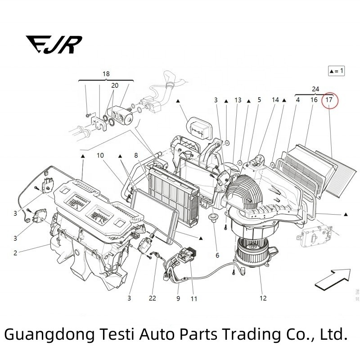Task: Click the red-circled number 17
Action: [329, 99]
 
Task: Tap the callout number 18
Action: [106, 74]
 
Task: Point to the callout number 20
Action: [115, 85]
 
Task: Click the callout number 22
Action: [153, 298]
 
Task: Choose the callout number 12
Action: [263, 298]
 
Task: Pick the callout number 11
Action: [194, 298]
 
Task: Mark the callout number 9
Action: [178, 298]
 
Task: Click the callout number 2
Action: [15, 253]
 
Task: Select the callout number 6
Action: [217, 255]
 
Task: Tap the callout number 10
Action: [100, 155]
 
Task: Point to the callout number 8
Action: [135, 155]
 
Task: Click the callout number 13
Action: [238, 100]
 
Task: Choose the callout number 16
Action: [314, 100]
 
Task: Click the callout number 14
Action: [275, 100]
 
